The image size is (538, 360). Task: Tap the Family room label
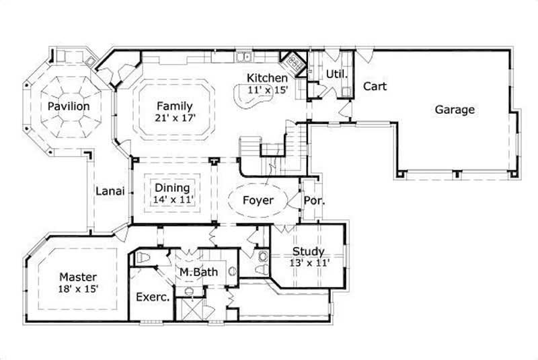tap(175, 106)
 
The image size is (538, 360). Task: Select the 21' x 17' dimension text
tap(175, 118)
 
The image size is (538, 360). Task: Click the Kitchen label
tap(266, 78)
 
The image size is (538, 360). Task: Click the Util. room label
tap(336, 73)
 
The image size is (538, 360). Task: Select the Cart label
tap(375, 87)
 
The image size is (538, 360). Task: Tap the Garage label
tap(455, 110)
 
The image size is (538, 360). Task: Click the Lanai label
tap(109, 190)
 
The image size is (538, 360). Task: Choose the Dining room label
tap(172, 188)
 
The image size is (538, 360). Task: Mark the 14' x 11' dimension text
tap(172, 199)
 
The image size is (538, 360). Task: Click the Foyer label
tap(258, 201)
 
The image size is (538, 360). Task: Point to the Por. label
tap(313, 201)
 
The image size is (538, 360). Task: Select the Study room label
tap(308, 252)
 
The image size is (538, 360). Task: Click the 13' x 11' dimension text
tap(310, 263)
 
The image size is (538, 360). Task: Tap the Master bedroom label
tap(77, 277)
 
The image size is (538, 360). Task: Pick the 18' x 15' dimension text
tap(79, 289)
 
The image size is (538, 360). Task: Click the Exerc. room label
tap(152, 297)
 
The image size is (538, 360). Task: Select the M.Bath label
tap(196, 272)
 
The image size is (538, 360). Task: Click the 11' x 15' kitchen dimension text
tap(266, 89)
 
